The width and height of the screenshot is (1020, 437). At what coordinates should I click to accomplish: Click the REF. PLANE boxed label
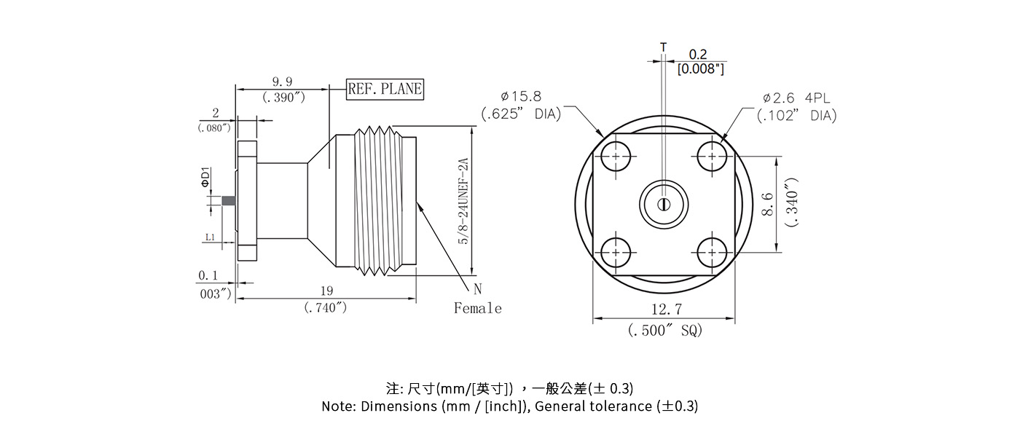click(x=385, y=89)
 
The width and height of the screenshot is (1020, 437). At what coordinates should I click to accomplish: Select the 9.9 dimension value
click(x=282, y=82)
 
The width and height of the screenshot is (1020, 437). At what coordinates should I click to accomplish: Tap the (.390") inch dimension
click(x=283, y=98)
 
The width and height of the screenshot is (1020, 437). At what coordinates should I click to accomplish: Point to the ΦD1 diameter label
click(x=206, y=178)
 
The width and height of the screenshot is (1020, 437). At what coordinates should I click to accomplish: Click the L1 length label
click(x=209, y=237)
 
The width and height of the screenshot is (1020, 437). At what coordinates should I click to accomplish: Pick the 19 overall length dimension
click(x=326, y=291)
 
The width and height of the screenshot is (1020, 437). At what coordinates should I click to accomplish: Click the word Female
click(x=477, y=309)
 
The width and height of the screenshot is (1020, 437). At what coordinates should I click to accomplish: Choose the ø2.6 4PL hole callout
click(x=796, y=98)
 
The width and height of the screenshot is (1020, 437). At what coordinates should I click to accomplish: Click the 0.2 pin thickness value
click(x=698, y=55)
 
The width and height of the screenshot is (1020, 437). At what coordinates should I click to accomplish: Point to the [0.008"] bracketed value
click(x=700, y=69)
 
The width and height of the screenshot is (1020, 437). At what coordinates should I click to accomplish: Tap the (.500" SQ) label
click(x=664, y=331)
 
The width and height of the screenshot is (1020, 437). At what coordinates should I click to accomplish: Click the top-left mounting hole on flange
click(x=616, y=157)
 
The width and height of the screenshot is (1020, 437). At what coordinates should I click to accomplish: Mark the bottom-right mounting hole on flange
click(x=711, y=253)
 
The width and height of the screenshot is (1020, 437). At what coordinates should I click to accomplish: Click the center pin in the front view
click(x=663, y=204)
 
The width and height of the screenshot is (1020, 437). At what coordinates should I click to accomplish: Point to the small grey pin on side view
click(x=228, y=201)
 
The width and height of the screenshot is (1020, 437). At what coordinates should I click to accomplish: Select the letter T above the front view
click(x=663, y=47)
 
